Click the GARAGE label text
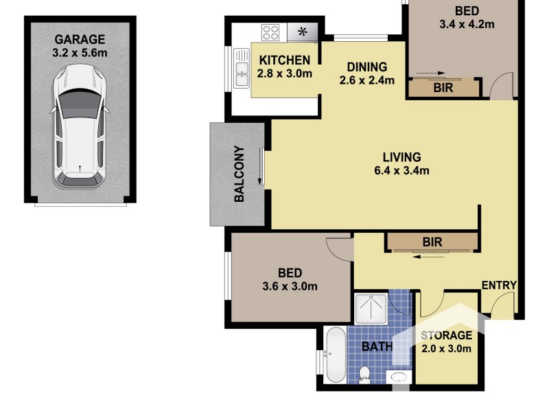pyautogui.click(x=80, y=40)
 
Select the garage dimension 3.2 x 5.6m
pyautogui.click(x=80, y=52)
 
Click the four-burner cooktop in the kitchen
pyautogui.click(x=271, y=32)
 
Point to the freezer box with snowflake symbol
pyautogui.click(x=302, y=32)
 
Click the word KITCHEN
pyautogui.click(x=284, y=60)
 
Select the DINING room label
pyautogui.click(x=366, y=67)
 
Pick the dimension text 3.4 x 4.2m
pyautogui.click(x=467, y=24)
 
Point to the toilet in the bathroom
pyautogui.click(x=365, y=374)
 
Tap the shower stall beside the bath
pyautogui.click(x=371, y=308)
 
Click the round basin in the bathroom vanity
pyautogui.click(x=397, y=377)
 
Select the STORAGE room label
pyautogui.click(x=446, y=336)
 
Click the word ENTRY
pyautogui.click(x=498, y=286)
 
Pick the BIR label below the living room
pyautogui.click(x=432, y=242)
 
